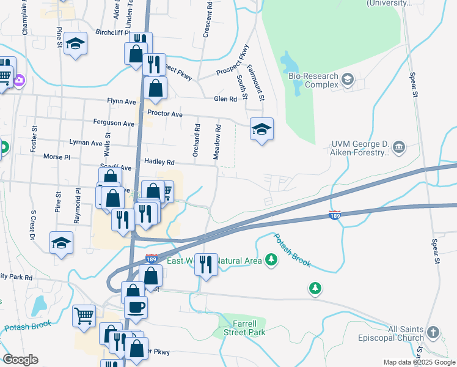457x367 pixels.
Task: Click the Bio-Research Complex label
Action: [313, 80]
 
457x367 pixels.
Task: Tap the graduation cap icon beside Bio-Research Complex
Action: [348, 79]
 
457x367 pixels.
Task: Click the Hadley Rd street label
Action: [159, 162]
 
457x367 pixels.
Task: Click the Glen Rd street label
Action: [225, 99]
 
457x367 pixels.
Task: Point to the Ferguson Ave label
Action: [114, 123]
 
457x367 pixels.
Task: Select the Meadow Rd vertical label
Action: [217, 143]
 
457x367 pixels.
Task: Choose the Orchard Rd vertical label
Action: [196, 141]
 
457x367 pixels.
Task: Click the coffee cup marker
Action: [136, 306]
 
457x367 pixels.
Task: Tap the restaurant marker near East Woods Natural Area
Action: [206, 264]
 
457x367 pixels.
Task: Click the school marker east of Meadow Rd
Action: [261, 129]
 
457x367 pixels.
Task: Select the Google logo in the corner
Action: [21, 360]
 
